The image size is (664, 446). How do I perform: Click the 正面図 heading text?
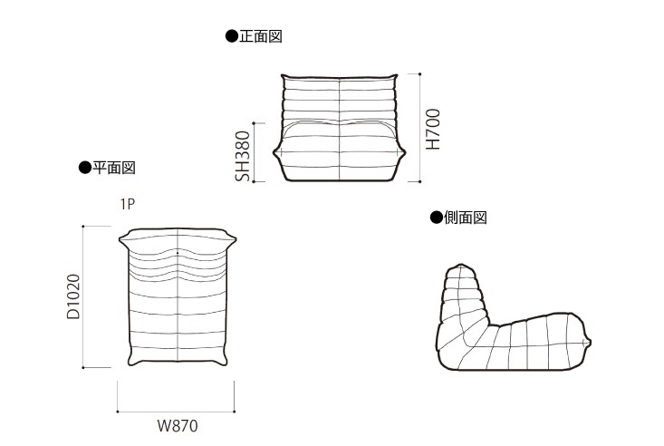(261, 36)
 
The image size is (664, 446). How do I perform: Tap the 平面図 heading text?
(114, 168)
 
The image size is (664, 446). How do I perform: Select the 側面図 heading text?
(466, 218)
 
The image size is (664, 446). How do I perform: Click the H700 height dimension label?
(433, 130)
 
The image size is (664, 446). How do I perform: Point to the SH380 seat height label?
(243, 156)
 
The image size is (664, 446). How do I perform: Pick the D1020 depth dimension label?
(73, 296)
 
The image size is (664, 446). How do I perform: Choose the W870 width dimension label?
(178, 426)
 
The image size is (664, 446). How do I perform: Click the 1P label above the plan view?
(128, 204)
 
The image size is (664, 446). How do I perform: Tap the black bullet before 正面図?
(232, 36)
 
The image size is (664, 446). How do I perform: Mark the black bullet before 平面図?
(85, 168)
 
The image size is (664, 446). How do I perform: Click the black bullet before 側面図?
(436, 218)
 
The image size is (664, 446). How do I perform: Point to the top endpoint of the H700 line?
(419, 73)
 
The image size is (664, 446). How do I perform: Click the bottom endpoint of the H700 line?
(419, 181)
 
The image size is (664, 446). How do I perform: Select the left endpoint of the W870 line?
(117, 412)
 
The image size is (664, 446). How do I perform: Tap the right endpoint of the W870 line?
(235, 412)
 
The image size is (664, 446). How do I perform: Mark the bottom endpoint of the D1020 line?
(83, 367)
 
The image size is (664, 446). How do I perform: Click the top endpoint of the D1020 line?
(83, 227)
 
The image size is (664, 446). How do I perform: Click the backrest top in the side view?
(461, 266)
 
